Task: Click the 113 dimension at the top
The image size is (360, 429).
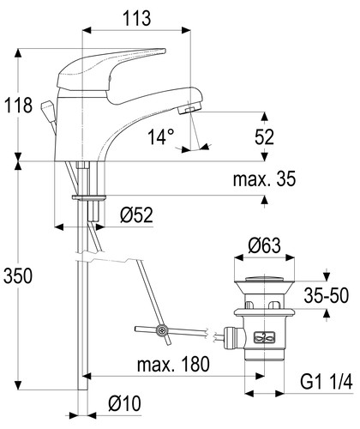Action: (x=137, y=18)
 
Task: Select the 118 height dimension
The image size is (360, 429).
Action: (x=19, y=106)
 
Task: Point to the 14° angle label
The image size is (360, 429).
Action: (x=161, y=136)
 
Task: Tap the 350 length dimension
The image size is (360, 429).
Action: (x=18, y=276)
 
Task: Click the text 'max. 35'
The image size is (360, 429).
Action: (x=264, y=179)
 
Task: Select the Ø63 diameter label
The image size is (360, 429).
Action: (x=264, y=245)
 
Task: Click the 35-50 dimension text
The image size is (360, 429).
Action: (x=327, y=295)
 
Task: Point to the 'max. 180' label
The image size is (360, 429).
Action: (x=173, y=364)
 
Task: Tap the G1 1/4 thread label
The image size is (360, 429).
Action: (x=327, y=382)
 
